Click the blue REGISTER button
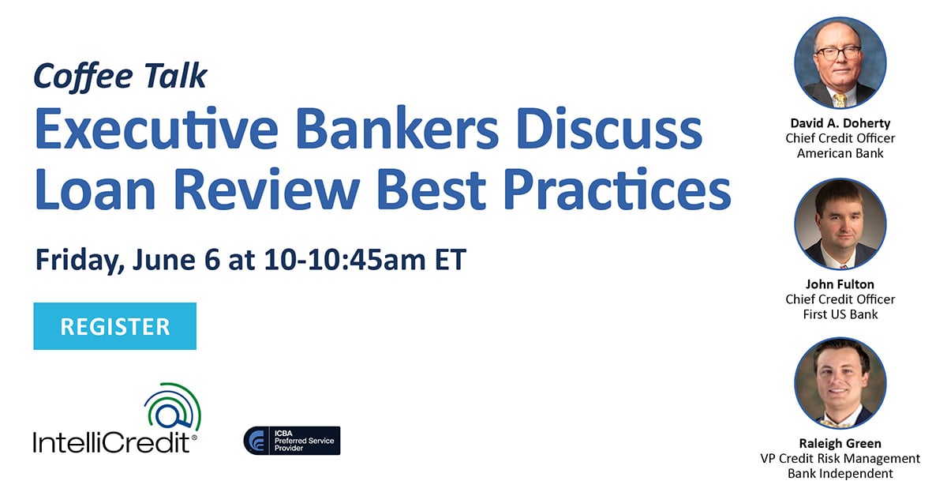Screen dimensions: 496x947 [x=114, y=326]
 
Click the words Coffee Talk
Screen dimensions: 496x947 [x=120, y=76]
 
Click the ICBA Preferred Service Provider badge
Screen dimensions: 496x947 [x=292, y=441]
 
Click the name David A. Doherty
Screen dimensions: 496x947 [x=840, y=124]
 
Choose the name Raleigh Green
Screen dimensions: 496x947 [x=840, y=444]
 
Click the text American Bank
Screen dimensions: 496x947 [x=840, y=153]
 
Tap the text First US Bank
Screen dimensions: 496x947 [x=840, y=314]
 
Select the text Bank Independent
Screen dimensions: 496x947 [x=840, y=473]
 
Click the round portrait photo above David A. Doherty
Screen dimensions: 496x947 [x=840, y=62]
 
